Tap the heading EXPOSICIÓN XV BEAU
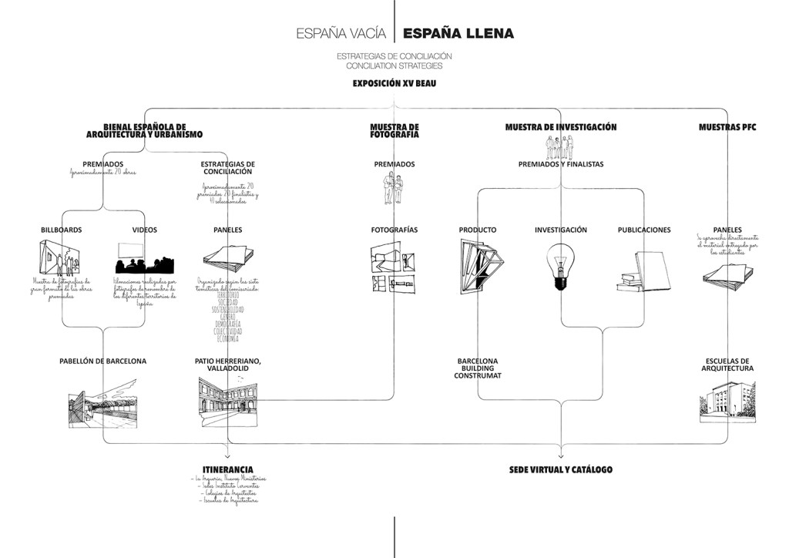(394, 83)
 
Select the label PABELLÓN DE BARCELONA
(102, 361)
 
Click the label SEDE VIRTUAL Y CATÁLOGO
(560, 469)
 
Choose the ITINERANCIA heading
(227, 469)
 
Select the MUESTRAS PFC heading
(727, 127)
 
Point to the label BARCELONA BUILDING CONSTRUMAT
(478, 368)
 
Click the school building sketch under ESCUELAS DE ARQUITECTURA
(727, 402)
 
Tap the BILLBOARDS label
(62, 230)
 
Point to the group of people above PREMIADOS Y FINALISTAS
(560, 147)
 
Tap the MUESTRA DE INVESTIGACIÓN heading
(560, 127)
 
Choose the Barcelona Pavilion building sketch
(102, 401)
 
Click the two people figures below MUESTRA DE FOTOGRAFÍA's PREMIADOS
(394, 187)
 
